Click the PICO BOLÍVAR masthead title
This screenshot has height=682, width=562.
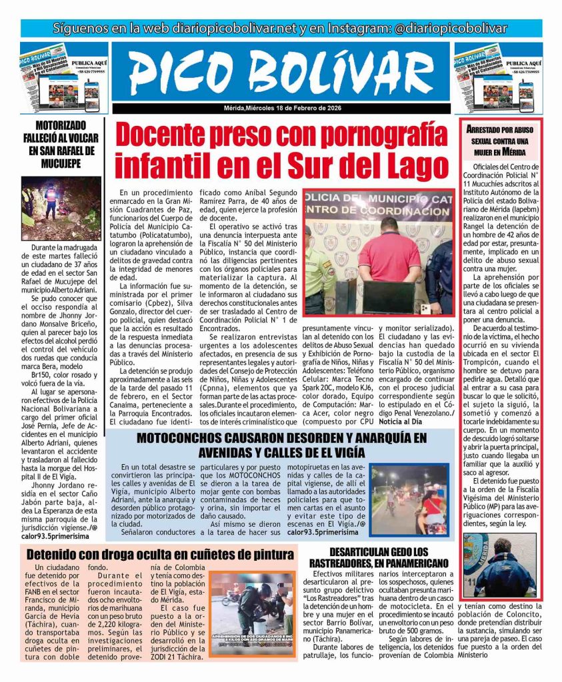click(281, 72)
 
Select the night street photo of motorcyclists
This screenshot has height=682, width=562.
click(409, 499)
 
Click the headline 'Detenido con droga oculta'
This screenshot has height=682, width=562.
click(159, 554)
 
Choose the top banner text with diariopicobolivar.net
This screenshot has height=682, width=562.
click(281, 29)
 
